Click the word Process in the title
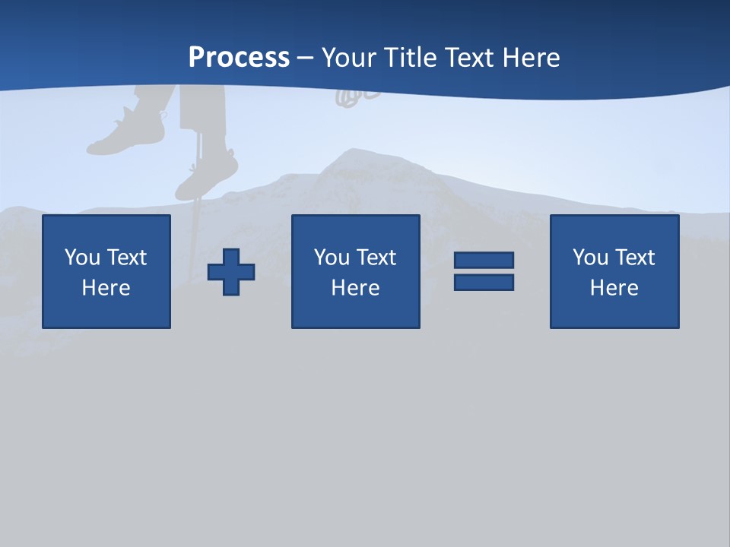[239, 58]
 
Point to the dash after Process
[306, 58]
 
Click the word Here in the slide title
[532, 58]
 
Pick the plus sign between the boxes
[231, 272]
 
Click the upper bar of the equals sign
[484, 260]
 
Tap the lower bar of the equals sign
[484, 283]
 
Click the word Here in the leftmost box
[106, 288]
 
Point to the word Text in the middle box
[376, 258]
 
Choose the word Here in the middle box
[355, 288]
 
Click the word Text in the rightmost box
[635, 258]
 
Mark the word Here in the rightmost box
[614, 288]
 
